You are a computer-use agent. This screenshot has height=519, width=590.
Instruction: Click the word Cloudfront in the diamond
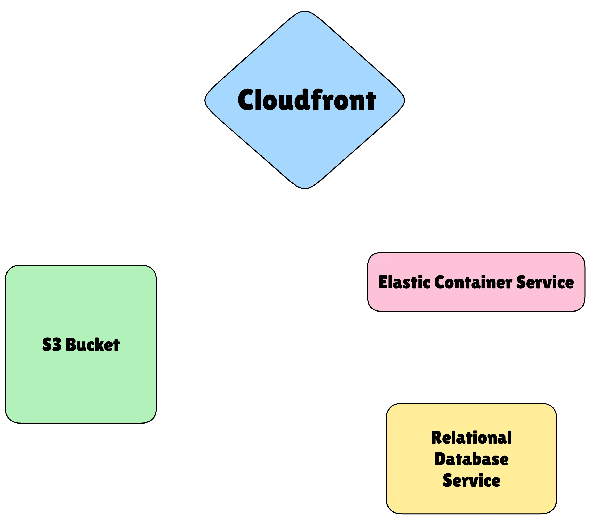[307, 100]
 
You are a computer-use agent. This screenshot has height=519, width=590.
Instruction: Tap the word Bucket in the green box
[93, 345]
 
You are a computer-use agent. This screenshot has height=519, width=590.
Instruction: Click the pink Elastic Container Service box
[476, 300]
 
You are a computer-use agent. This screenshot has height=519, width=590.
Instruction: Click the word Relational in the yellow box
[471, 438]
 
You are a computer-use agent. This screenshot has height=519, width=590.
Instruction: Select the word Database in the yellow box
[471, 459]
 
